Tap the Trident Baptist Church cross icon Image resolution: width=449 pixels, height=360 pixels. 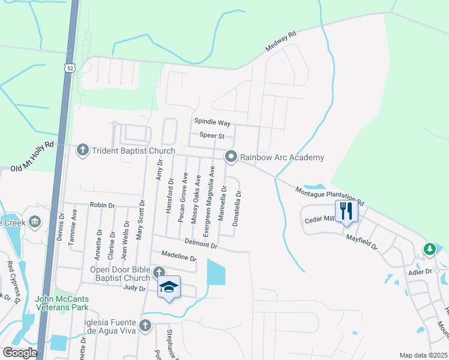pyautogui.click(x=83, y=150)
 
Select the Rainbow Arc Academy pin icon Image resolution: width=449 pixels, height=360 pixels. pyautogui.click(x=231, y=157)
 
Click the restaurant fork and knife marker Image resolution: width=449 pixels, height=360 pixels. pyautogui.click(x=346, y=211)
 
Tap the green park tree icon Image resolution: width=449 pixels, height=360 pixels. pyautogui.click(x=429, y=248)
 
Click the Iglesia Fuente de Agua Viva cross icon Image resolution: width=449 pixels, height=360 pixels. pyautogui.click(x=145, y=326)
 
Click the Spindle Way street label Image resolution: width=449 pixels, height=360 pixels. pyautogui.click(x=212, y=122)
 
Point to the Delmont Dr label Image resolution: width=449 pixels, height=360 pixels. pyautogui.click(x=200, y=244)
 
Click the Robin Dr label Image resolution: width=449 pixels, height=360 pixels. pyautogui.click(x=102, y=205)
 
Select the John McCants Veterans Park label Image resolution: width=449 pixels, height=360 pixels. pyautogui.click(x=62, y=303)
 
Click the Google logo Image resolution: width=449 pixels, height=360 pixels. pyautogui.click(x=20, y=353)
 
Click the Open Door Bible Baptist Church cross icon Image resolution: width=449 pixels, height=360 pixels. pyautogui.click(x=158, y=272)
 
